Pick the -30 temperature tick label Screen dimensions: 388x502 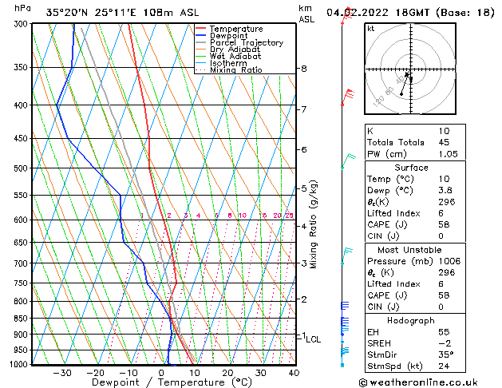tap(62, 373)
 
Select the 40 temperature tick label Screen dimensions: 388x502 tap(294, 373)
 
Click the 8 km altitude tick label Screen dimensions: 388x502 tap(304, 69)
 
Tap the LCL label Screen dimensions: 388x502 tap(314, 339)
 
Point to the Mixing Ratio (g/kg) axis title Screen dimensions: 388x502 tap(314, 224)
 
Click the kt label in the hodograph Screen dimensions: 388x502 tap(370, 28)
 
